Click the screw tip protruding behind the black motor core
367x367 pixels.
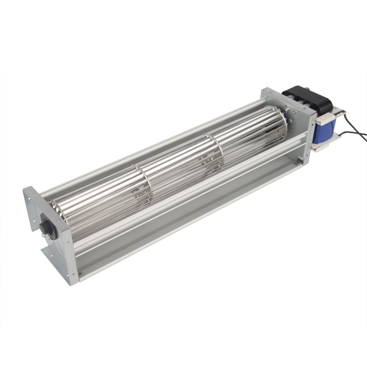pyautogui.click(x=306, y=88)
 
